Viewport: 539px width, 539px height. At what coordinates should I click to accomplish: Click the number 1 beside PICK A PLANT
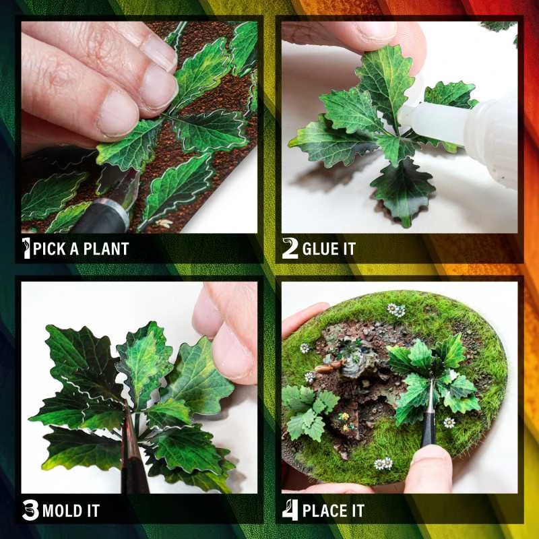coord(27,248)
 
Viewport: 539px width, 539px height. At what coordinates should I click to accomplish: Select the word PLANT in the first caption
coord(106,249)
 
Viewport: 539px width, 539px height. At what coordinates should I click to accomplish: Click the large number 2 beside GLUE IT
coord(290,248)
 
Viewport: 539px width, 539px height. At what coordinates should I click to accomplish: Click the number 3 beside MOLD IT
coord(30,510)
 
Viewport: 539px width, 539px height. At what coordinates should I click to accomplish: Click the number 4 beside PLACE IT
coord(290,509)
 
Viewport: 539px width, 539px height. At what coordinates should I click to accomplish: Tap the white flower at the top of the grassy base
coord(396,310)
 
